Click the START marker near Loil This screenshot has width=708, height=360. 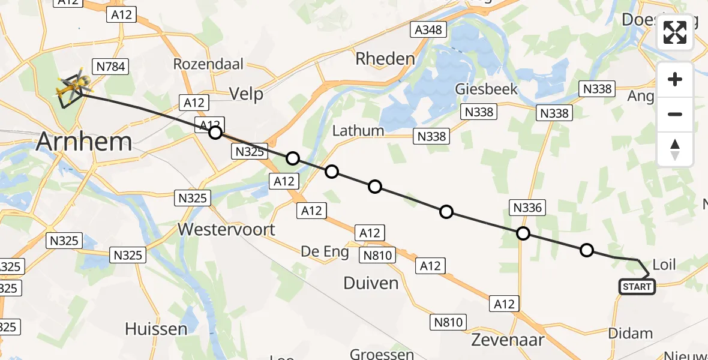pyautogui.click(x=637, y=287)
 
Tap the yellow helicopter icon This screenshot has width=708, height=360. pyautogui.click(x=71, y=87)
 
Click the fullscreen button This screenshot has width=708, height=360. pyautogui.click(x=675, y=32)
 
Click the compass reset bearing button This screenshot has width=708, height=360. pyautogui.click(x=675, y=149)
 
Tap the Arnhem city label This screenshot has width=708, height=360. pyautogui.click(x=84, y=142)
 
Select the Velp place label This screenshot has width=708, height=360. pyautogui.click(x=247, y=94)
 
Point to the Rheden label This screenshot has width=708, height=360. pyautogui.click(x=385, y=59)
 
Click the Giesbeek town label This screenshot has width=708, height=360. pyautogui.click(x=486, y=89)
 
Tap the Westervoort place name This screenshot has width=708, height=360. pyautogui.click(x=226, y=229)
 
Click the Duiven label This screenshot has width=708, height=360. pyautogui.click(x=371, y=283)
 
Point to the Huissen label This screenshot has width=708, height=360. pyautogui.click(x=156, y=329)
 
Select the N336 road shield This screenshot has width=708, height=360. pyautogui.click(x=527, y=208)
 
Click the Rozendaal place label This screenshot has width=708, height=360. pyautogui.click(x=203, y=64)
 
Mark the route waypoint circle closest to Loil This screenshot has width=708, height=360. pyautogui.click(x=587, y=250)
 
